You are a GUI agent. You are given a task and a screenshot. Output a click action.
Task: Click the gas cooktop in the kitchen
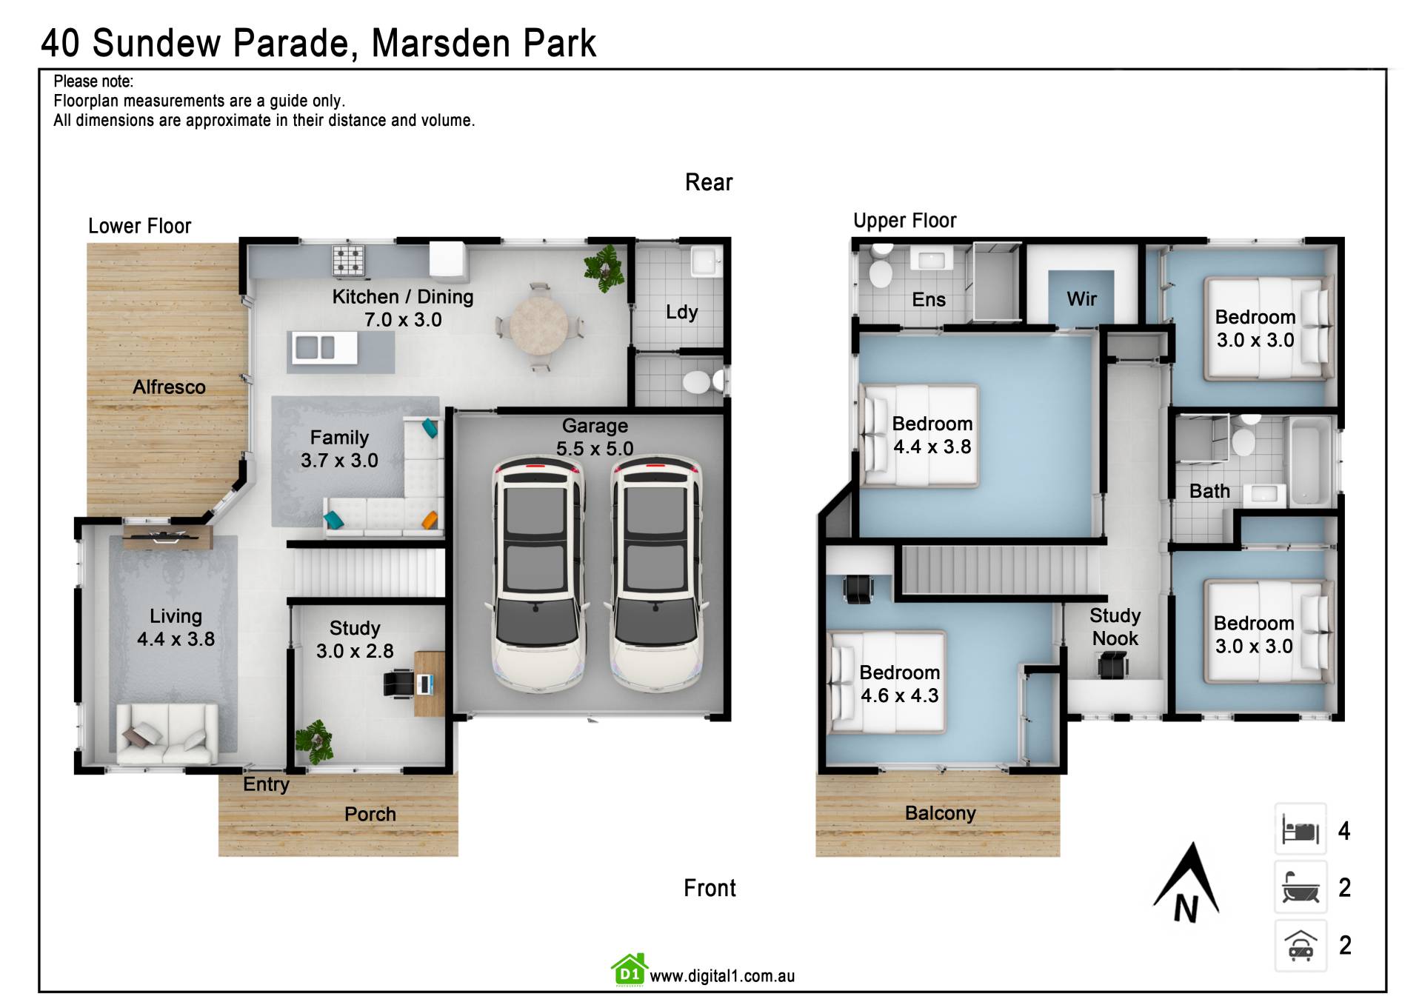(x=348, y=260)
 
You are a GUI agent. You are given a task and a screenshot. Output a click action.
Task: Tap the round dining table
(x=538, y=325)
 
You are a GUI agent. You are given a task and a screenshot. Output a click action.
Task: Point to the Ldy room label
(x=681, y=312)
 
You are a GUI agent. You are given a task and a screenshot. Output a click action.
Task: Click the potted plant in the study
(x=315, y=741)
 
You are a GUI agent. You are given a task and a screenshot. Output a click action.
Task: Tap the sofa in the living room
(x=167, y=733)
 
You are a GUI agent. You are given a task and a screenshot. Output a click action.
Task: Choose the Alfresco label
(x=169, y=387)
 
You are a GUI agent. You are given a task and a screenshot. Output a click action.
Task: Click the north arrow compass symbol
(x=1186, y=881)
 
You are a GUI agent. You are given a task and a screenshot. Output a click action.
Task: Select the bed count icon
(x=1301, y=829)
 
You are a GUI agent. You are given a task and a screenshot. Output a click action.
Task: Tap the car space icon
(x=1301, y=945)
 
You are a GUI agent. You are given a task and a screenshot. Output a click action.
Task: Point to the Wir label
(x=1081, y=298)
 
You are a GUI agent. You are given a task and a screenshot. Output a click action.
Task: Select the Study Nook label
(x=1115, y=627)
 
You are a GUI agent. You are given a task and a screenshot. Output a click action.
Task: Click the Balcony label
(x=940, y=813)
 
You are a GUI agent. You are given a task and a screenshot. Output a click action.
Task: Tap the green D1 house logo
(x=629, y=970)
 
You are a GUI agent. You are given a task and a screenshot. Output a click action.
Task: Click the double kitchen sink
(x=314, y=347)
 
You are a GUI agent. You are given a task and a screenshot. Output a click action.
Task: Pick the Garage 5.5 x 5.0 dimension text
(x=595, y=437)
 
